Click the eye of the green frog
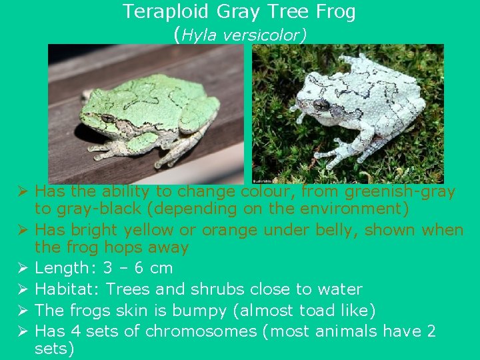[x=107, y=119]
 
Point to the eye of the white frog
[x=321, y=105]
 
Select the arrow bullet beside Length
[x=22, y=269]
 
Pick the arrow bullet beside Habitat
[x=22, y=289]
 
